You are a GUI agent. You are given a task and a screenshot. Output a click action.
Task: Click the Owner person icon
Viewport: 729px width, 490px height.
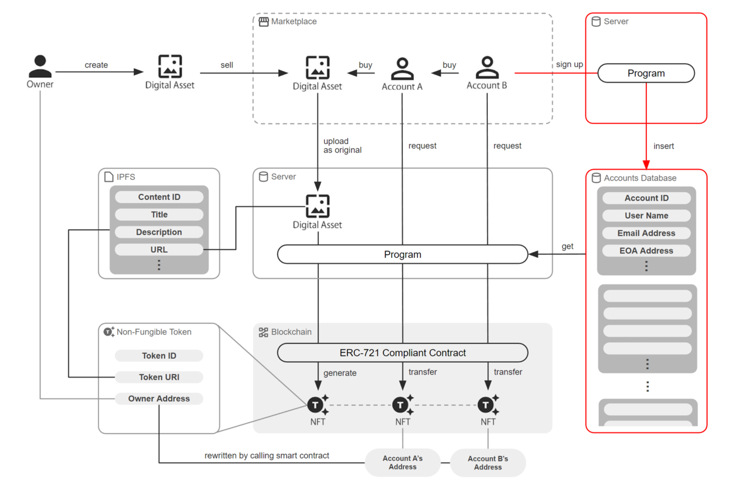40,66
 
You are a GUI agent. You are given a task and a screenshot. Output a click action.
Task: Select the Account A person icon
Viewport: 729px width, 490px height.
402,69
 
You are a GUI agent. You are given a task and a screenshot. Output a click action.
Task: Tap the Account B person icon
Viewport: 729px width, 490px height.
487,67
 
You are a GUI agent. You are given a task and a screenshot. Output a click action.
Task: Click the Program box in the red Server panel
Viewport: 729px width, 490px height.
646,74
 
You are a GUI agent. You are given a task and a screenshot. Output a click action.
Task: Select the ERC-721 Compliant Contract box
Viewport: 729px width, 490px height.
402,353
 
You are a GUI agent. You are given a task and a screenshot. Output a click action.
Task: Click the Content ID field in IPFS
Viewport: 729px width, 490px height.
159,197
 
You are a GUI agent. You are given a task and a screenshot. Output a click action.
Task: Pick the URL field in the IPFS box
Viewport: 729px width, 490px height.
159,250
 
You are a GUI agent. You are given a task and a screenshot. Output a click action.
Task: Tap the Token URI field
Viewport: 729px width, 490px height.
159,378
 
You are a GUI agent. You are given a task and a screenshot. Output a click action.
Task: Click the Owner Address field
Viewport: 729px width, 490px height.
159,399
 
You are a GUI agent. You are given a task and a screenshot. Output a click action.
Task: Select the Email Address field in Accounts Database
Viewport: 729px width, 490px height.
646,233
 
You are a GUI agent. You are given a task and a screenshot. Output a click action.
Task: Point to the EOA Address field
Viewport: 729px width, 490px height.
646,250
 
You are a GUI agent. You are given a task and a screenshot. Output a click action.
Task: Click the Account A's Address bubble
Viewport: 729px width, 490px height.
402,463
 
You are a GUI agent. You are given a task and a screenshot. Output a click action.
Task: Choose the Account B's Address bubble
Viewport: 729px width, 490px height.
488,463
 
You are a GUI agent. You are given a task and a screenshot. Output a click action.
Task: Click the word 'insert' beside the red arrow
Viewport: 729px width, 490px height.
663,147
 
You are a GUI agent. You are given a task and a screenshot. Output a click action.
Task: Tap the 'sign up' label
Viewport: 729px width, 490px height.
569,64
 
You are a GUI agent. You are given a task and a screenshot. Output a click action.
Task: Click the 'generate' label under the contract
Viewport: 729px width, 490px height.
340,373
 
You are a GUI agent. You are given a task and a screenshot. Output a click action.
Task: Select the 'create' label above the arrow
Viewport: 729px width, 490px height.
96,65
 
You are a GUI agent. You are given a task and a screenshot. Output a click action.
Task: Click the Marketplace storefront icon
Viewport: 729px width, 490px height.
264,22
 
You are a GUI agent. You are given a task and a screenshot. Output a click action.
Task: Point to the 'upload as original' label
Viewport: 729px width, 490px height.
342,146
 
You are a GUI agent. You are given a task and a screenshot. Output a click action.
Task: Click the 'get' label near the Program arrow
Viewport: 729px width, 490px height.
567,246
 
